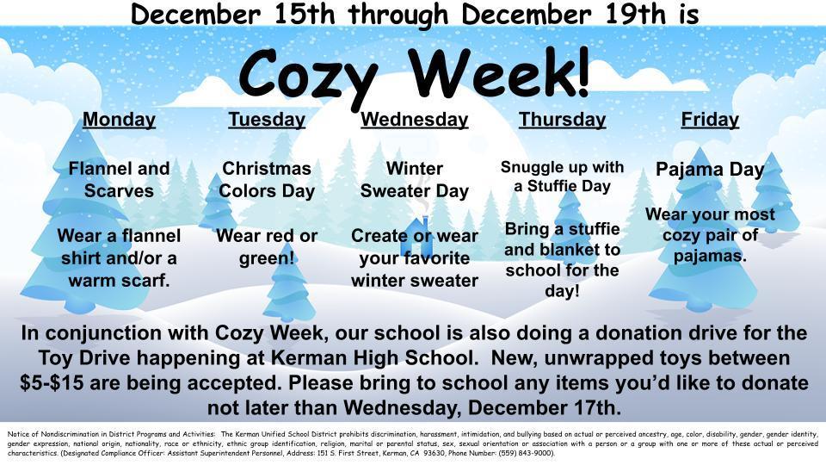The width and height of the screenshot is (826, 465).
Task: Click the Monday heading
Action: (x=119, y=120)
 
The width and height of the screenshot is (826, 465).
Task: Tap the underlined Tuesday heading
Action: (x=267, y=120)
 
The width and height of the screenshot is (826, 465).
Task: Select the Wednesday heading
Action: (x=415, y=120)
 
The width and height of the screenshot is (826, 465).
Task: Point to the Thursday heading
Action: (x=563, y=120)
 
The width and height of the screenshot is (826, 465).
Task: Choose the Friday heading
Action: (x=710, y=120)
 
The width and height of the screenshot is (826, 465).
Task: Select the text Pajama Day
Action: (x=710, y=170)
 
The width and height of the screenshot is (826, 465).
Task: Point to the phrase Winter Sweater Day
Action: (x=415, y=179)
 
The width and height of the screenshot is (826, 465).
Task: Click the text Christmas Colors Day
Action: (x=267, y=179)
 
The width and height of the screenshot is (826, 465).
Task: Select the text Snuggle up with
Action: (x=563, y=167)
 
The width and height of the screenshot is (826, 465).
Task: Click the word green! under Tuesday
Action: (x=267, y=257)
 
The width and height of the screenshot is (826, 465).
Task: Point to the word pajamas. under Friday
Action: (x=710, y=256)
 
